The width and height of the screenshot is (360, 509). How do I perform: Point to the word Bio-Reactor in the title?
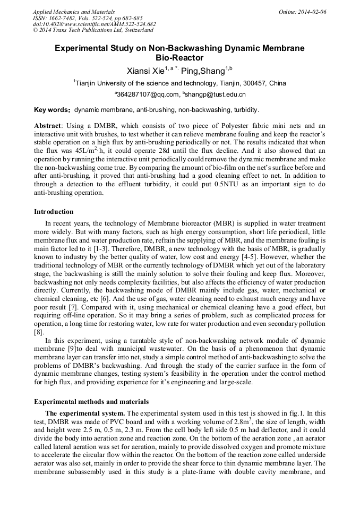pyautogui.click(x=179, y=58)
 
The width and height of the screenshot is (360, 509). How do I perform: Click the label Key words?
pyautogui.click(x=52, y=110)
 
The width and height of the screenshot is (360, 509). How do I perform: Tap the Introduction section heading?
pyautogui.click(x=54, y=212)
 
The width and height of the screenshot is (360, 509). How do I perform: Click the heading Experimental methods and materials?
pyautogui.click(x=91, y=401)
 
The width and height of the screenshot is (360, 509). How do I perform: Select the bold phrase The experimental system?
pyautogui.click(x=85, y=413)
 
